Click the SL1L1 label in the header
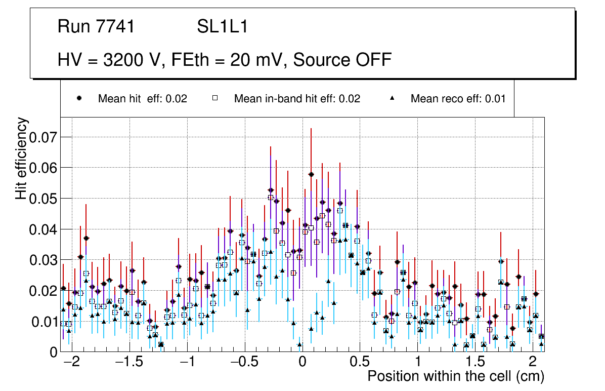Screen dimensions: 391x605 [x=223, y=27]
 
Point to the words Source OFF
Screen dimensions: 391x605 [x=342, y=60]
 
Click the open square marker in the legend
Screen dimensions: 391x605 [x=214, y=98]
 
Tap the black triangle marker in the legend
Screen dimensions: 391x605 [x=392, y=98]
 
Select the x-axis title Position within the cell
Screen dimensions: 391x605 [x=456, y=376]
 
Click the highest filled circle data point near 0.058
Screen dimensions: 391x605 [x=311, y=175]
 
